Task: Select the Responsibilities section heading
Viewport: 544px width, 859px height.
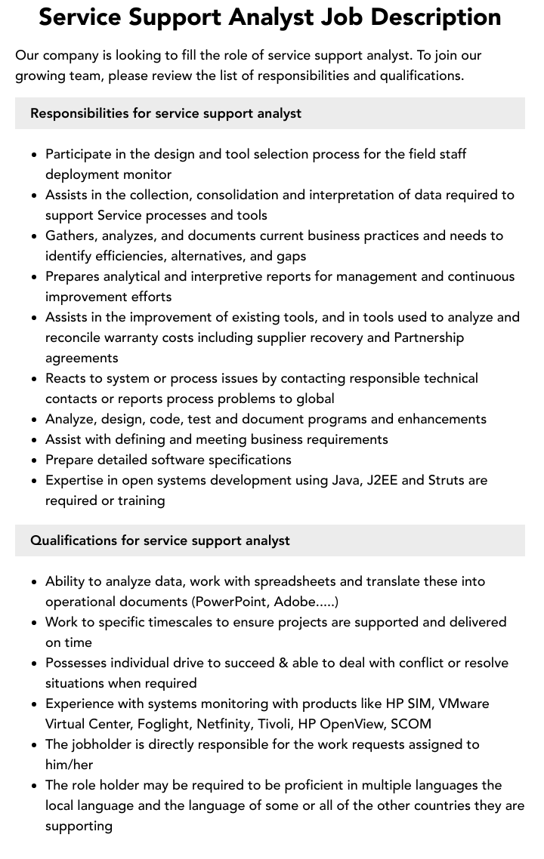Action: tap(165, 113)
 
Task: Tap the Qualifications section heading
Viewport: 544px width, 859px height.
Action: tap(160, 540)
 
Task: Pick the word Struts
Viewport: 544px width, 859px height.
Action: tap(449, 480)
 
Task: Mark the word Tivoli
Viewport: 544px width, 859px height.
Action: tap(275, 724)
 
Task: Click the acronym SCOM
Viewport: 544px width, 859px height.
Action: tap(411, 724)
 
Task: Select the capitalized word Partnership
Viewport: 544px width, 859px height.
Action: tap(429, 337)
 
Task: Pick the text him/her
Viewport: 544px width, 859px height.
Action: tap(70, 765)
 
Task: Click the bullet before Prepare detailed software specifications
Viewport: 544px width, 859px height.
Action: tap(35, 460)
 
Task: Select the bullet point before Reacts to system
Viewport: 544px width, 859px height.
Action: tap(35, 378)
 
